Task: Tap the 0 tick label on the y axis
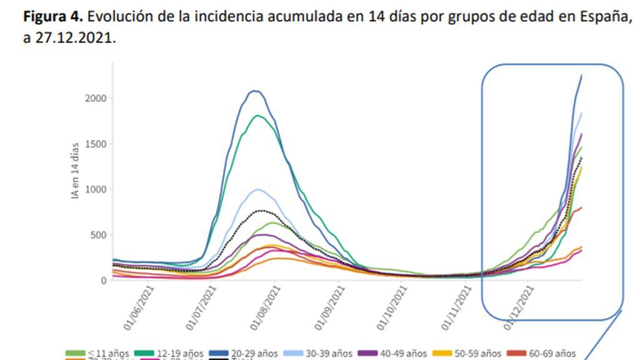104,281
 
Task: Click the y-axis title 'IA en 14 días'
75,171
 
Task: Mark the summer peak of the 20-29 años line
254,91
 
